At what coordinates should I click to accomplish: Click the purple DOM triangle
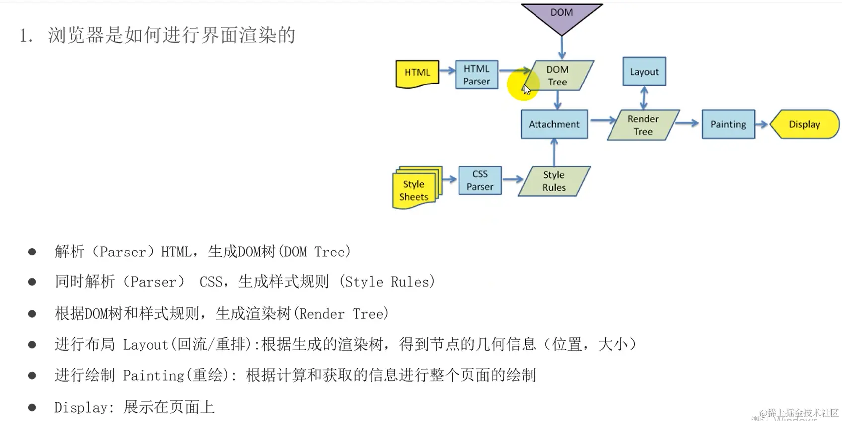562,16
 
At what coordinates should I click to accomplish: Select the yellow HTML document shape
417,74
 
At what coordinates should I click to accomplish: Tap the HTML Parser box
476,75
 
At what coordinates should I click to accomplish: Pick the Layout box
644,72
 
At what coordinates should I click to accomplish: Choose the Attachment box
554,124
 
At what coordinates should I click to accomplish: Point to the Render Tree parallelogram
643,125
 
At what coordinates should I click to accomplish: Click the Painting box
728,124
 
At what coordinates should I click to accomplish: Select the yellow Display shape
804,124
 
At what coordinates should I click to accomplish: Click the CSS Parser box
480,180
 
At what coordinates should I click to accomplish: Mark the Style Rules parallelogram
554,181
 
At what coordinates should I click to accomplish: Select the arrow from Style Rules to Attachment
554,152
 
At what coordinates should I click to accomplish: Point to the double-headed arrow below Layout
644,98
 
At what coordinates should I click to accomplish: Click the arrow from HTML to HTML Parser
447,70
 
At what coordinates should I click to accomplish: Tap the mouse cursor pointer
526,89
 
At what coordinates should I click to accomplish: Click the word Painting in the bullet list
153,376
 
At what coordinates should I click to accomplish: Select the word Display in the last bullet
80,408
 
